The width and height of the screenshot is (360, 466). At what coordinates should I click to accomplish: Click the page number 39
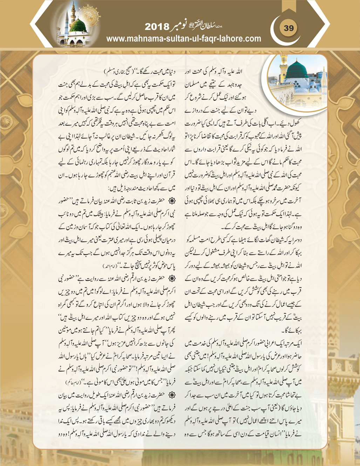288,28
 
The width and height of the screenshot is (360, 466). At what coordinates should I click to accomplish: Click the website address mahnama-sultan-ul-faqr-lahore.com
184,39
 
